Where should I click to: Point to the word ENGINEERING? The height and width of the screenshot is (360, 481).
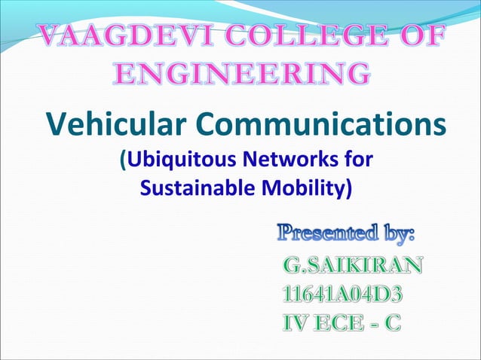click(x=241, y=74)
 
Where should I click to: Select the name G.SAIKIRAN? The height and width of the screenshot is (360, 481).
click(x=352, y=264)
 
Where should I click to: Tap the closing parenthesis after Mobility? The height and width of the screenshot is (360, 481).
click(x=348, y=187)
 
